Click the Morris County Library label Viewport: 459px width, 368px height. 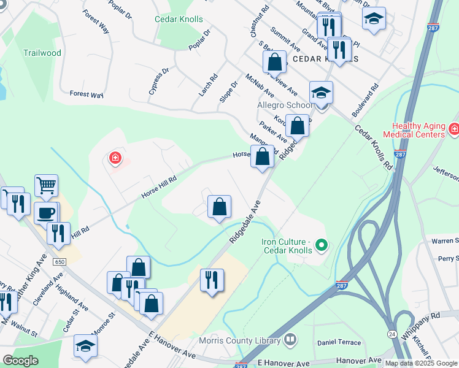coord(240,340)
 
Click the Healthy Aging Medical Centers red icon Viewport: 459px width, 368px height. coord(453,129)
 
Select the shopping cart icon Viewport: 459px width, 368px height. coord(46,185)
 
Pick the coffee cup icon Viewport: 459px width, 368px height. coord(46,213)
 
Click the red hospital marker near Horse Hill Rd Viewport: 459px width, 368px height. coord(115,159)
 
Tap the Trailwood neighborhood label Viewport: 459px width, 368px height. coord(42,53)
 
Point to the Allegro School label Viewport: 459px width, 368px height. coord(282,105)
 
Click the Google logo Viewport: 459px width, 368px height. coord(20,361)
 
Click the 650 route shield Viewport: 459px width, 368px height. coord(59,261)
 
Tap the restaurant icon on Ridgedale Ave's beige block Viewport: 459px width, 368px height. coord(212,280)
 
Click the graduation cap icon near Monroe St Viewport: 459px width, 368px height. coord(85,345)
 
